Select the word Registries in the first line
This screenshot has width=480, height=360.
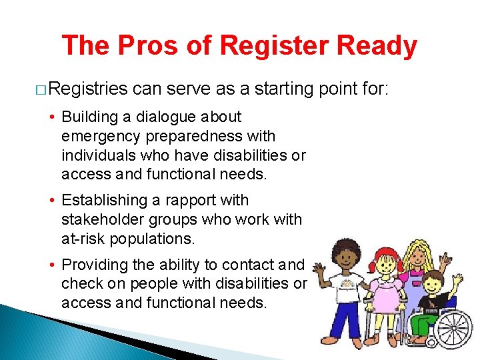pos(88,88)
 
